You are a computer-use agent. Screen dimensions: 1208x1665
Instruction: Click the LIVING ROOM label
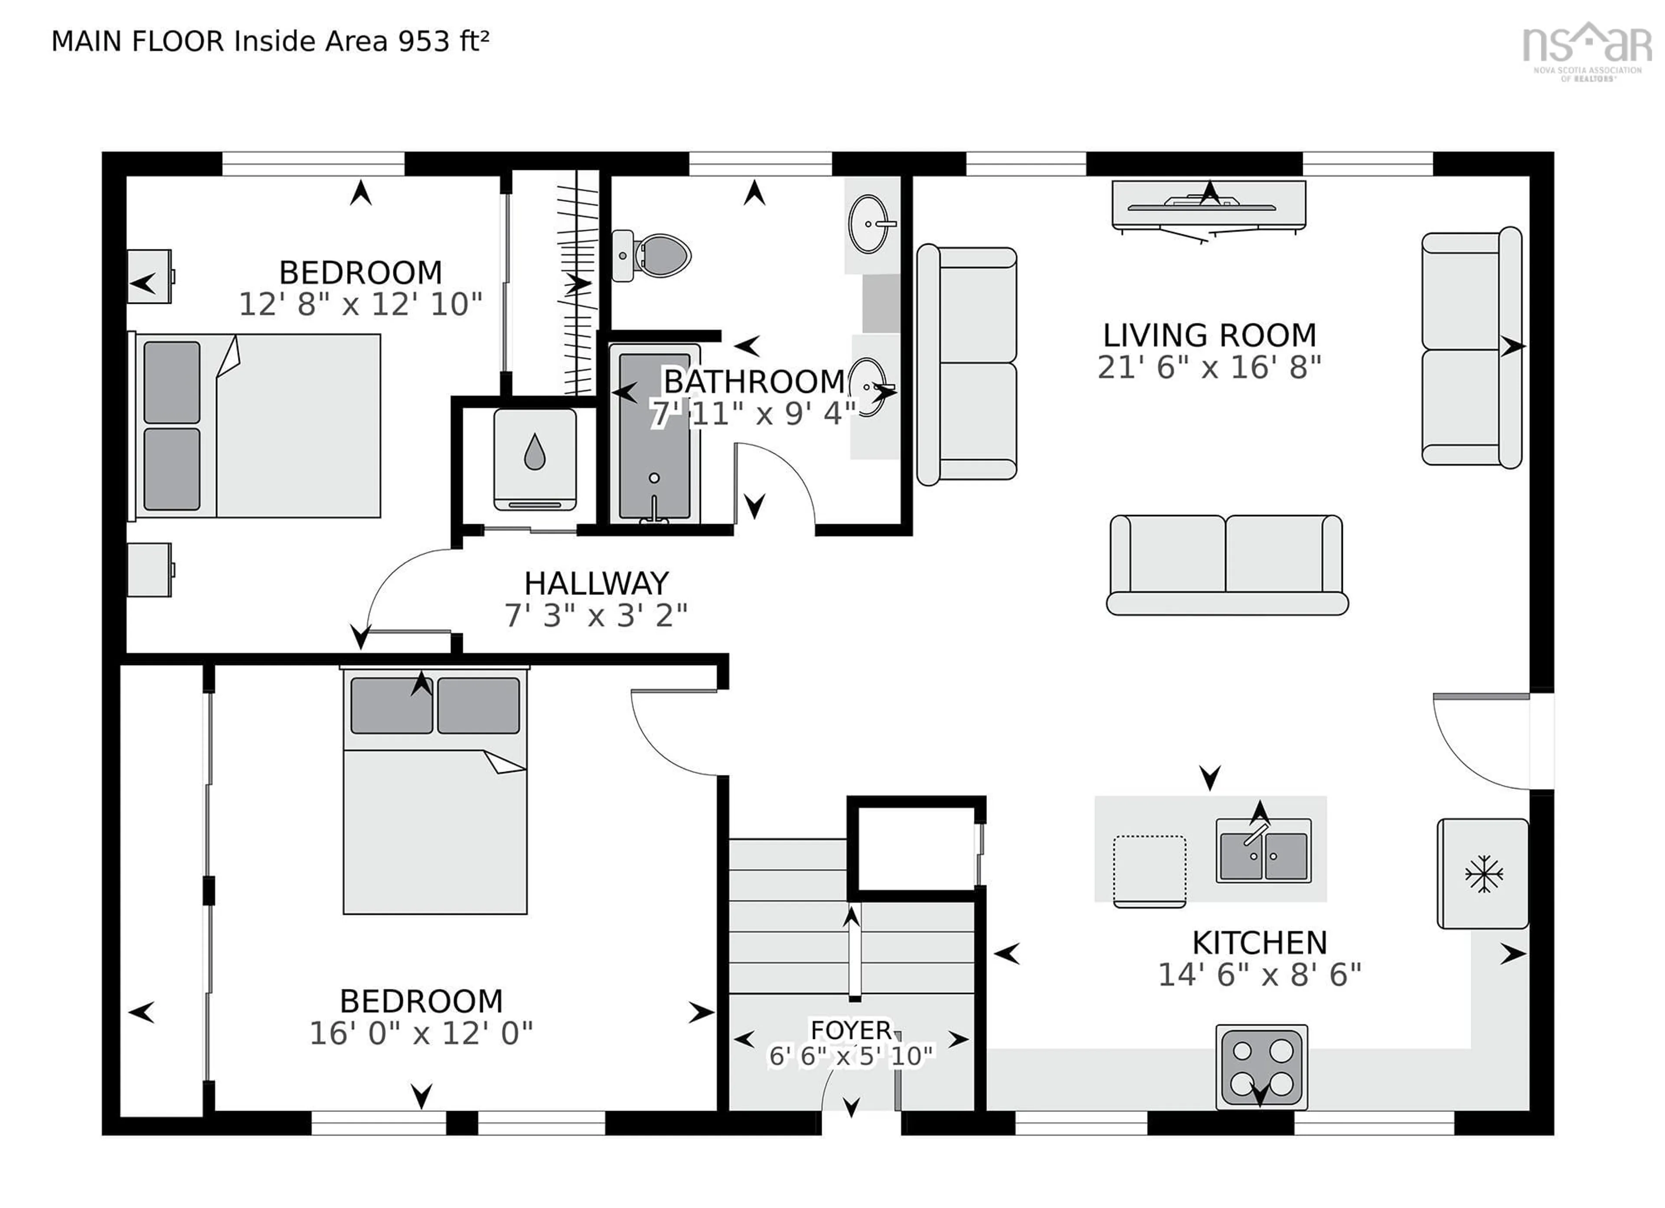1209,336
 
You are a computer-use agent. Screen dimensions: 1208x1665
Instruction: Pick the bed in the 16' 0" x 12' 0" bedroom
434,791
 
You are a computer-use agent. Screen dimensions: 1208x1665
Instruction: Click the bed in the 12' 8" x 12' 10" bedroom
257,426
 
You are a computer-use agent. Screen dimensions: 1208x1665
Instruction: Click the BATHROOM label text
754,382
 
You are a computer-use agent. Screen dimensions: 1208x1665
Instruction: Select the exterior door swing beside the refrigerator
1476,742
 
